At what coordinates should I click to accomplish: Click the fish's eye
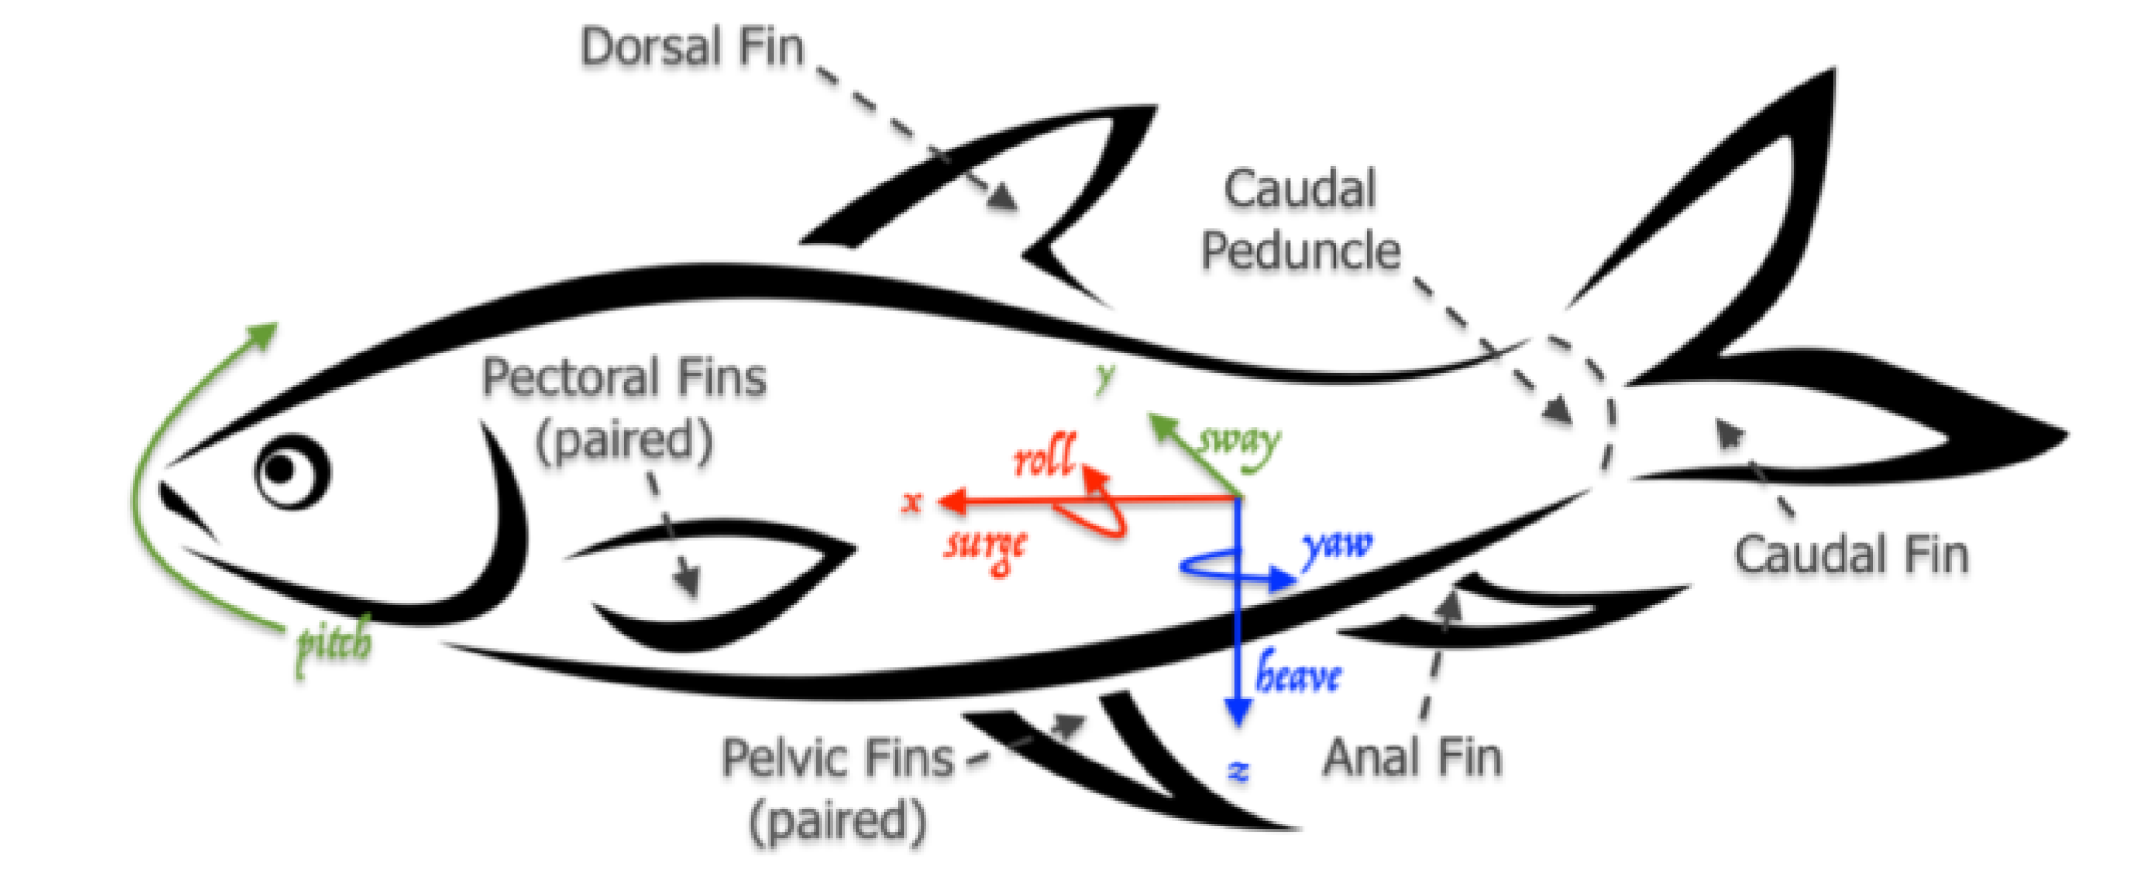click(x=292, y=471)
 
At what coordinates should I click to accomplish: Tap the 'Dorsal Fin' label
click(x=692, y=47)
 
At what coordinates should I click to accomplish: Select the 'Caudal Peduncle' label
click(x=1301, y=220)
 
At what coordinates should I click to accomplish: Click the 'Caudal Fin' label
click(x=1851, y=555)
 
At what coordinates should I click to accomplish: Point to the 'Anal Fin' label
click(x=1412, y=758)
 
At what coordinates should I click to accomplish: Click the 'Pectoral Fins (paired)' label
click(x=624, y=409)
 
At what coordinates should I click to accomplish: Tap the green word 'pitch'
click(x=334, y=645)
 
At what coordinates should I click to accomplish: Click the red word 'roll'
click(x=1044, y=458)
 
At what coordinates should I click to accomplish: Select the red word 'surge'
click(x=986, y=546)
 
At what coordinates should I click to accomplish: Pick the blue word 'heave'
click(x=1299, y=674)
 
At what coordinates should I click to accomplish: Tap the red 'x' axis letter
click(x=910, y=502)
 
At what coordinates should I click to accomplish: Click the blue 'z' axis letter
click(x=1239, y=772)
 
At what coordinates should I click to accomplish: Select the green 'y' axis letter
click(x=1105, y=376)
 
